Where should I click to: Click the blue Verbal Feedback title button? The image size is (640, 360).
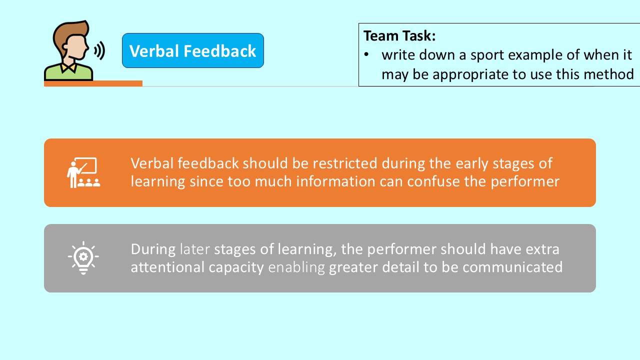[x=192, y=51]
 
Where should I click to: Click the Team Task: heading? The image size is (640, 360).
[x=399, y=36]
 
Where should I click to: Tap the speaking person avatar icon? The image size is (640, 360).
[x=70, y=50]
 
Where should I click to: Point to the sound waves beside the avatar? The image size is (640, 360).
[x=99, y=50]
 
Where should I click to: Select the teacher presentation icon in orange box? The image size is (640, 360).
[x=83, y=173]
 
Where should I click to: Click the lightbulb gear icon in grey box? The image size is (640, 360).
[x=83, y=258]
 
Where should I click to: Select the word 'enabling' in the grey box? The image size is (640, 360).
[x=296, y=267]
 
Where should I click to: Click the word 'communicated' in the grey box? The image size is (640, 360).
[x=512, y=267]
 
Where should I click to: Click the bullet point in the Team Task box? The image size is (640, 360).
[x=366, y=54]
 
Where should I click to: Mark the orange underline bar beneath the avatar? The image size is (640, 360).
[x=93, y=83]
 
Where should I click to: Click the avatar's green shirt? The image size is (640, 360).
[x=69, y=73]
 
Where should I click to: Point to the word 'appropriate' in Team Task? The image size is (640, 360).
[x=467, y=74]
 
